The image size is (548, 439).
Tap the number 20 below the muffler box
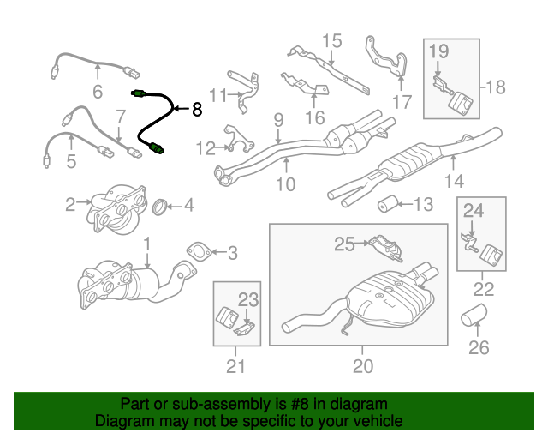pyautogui.click(x=363, y=366)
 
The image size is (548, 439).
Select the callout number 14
pyautogui.click(x=454, y=181)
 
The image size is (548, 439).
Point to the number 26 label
pyautogui.click(x=479, y=347)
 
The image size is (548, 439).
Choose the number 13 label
pyautogui.click(x=424, y=205)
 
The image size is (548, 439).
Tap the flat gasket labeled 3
pyautogui.click(x=200, y=252)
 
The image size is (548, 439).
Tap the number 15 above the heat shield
pyautogui.click(x=331, y=40)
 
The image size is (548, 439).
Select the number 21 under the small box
pyautogui.click(x=235, y=366)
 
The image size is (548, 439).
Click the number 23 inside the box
pyautogui.click(x=247, y=299)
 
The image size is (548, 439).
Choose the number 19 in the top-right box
pyautogui.click(x=438, y=51)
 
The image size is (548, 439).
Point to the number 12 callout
pyautogui.click(x=205, y=149)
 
